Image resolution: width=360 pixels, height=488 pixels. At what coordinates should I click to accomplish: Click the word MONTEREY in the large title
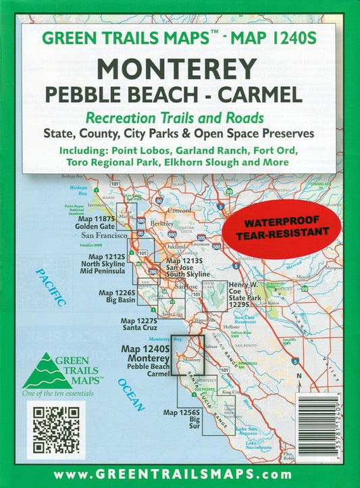tap(178, 68)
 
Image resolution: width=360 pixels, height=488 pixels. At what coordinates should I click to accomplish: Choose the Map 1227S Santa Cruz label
tap(138, 324)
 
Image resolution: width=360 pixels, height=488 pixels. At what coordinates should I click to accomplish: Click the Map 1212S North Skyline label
tap(107, 264)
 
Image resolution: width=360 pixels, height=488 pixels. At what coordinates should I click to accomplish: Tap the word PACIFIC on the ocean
tap(51, 287)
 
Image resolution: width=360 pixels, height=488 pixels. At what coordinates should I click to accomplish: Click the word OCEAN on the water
tap(130, 395)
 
